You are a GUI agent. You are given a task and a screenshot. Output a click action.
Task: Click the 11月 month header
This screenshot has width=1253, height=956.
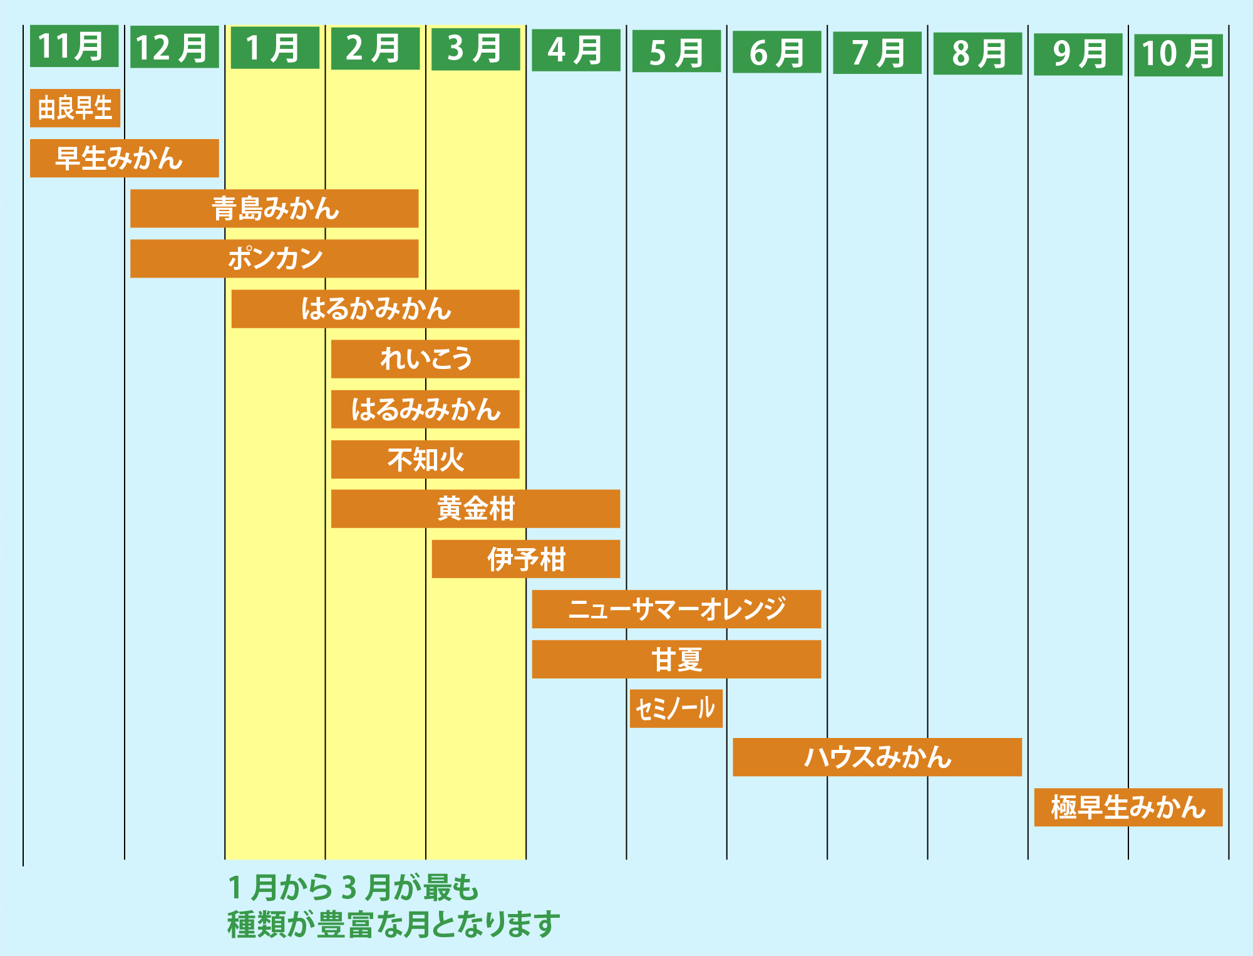(x=74, y=46)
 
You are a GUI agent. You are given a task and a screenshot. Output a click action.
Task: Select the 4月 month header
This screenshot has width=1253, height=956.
(x=575, y=50)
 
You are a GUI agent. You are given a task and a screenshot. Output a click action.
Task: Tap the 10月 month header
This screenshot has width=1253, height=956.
(x=1178, y=55)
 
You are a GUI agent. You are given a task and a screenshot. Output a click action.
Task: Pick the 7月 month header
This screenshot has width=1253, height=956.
(x=877, y=53)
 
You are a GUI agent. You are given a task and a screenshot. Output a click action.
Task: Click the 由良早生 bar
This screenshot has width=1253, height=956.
(x=75, y=108)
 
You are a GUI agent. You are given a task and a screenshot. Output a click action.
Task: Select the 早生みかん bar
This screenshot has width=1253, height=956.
(x=124, y=158)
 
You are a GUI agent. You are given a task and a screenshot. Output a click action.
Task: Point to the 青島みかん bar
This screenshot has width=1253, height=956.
(x=274, y=208)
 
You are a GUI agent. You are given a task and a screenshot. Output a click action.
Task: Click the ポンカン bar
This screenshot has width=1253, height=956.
(x=274, y=258)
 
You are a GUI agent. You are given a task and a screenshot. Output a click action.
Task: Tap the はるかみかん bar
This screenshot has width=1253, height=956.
(x=375, y=309)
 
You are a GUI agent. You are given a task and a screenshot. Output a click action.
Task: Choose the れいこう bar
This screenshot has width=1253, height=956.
(x=425, y=359)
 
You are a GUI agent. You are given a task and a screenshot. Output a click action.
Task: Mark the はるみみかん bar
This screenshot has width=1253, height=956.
(x=425, y=409)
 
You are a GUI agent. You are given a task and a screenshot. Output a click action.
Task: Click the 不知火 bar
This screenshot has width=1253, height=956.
(x=425, y=459)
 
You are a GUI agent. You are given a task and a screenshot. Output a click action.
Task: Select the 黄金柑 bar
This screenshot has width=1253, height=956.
(x=475, y=509)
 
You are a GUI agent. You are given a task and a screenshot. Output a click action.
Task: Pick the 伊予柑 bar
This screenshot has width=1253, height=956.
(x=525, y=559)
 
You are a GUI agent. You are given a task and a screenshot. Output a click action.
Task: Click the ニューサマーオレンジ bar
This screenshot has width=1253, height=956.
(x=676, y=609)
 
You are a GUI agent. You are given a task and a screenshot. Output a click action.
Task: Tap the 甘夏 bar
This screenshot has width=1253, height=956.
(x=676, y=659)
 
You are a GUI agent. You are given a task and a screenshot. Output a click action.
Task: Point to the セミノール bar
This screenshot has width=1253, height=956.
(x=676, y=709)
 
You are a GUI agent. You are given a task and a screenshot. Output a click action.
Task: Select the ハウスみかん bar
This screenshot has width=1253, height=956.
(x=877, y=757)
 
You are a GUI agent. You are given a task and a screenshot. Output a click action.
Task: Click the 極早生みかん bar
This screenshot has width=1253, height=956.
(x=1128, y=807)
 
